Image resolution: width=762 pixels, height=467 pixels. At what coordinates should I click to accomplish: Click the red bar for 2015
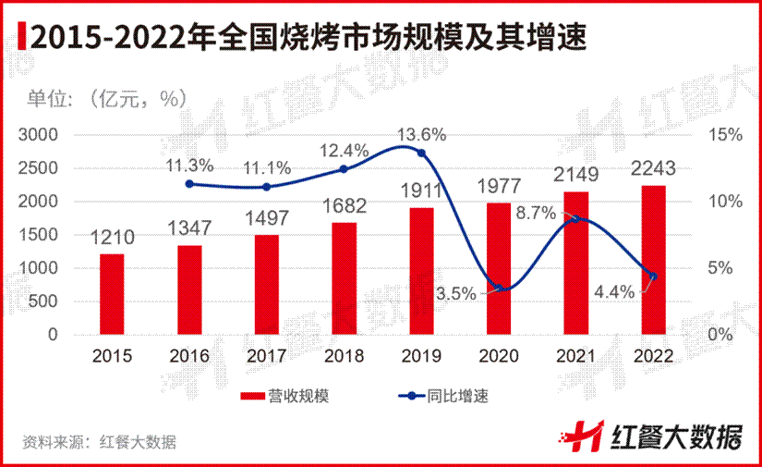pyautogui.click(x=112, y=293)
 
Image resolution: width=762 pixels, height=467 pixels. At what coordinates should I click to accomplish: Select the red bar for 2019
pyautogui.click(x=421, y=270)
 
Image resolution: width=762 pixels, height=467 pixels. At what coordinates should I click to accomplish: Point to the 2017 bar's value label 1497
pyautogui.click(x=266, y=218)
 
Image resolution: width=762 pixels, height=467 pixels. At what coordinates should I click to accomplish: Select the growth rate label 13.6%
pyautogui.click(x=422, y=134)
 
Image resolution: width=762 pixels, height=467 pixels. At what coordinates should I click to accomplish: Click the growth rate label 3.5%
pyautogui.click(x=456, y=293)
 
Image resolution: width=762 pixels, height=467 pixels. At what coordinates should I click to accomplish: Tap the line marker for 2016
pyautogui.click(x=190, y=184)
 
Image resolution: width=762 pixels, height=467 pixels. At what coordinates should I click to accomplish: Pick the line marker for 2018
pyautogui.click(x=344, y=169)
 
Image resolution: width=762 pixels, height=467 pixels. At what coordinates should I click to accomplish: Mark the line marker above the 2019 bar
pyautogui.click(x=421, y=154)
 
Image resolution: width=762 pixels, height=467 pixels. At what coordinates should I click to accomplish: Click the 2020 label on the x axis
pyautogui.click(x=498, y=356)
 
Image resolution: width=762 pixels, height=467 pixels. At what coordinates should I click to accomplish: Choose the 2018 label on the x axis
pyautogui.click(x=344, y=356)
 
